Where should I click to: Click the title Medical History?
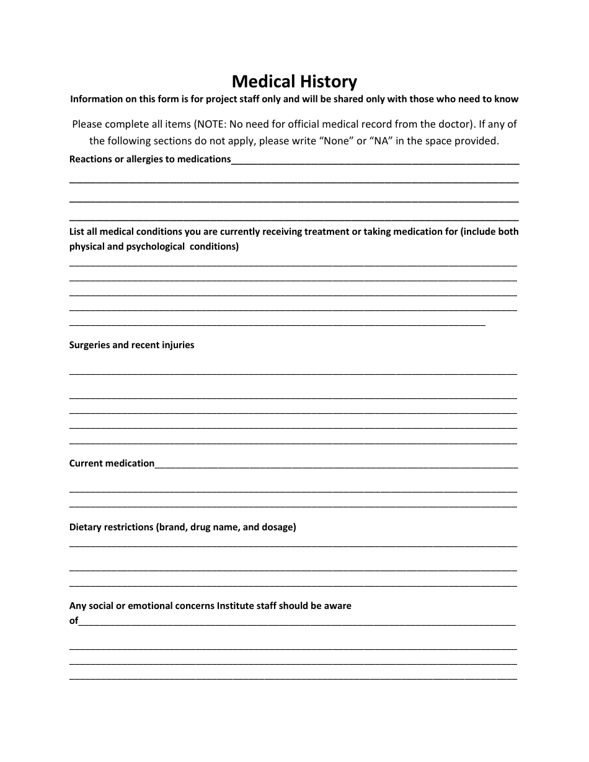294,82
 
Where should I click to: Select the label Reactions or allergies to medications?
150,159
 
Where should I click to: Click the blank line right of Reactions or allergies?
375,162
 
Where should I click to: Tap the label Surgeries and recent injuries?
131,345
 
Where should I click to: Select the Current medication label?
112,463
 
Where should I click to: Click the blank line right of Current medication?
336,466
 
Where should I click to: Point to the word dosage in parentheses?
277,527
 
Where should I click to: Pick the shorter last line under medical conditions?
277,324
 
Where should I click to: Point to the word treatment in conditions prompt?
327,232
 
